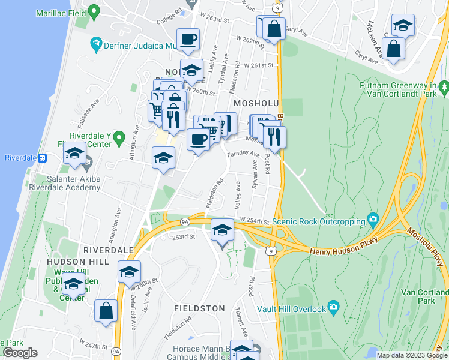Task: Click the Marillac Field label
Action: click(x=60, y=12)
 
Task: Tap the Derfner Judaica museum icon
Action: click(x=95, y=44)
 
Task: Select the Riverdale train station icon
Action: click(x=43, y=158)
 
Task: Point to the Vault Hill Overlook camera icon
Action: click(x=334, y=308)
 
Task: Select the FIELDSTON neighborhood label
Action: click(x=199, y=308)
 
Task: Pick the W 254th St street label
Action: click(x=253, y=221)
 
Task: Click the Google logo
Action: click(x=20, y=353)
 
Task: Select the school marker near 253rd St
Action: click(x=221, y=230)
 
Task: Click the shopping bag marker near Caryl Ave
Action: click(x=274, y=29)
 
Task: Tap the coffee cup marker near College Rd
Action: click(x=188, y=40)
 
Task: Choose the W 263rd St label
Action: click(x=216, y=20)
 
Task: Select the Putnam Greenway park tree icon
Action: click(x=444, y=88)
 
